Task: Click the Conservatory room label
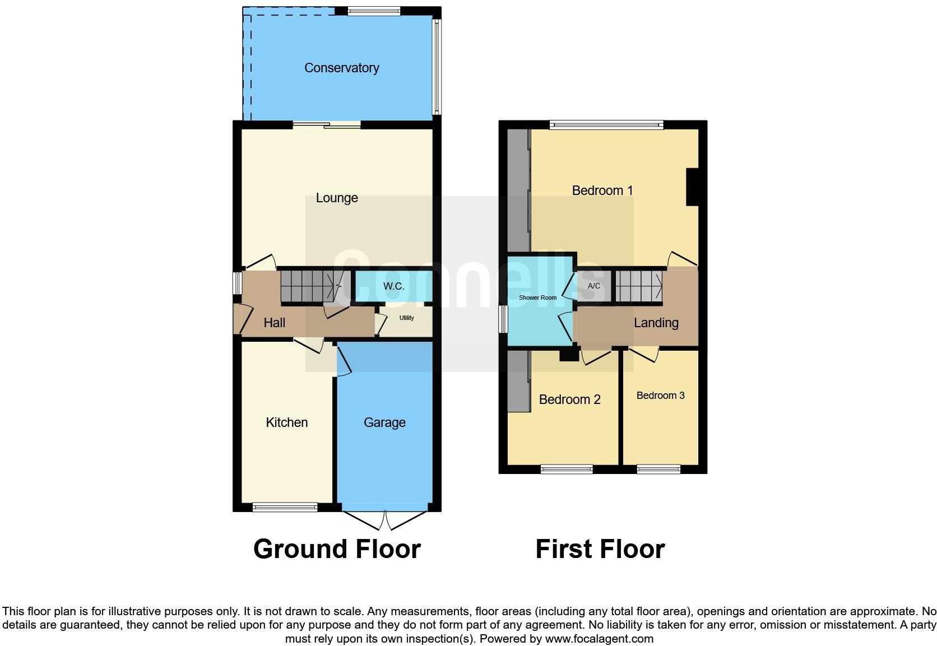pos(341,68)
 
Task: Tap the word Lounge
pos(336,198)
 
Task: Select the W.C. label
pos(393,286)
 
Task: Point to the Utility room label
pos(406,318)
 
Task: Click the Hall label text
pos(274,323)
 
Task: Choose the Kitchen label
pos(286,422)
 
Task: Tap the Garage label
pos(384,422)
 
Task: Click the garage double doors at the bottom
pos(385,520)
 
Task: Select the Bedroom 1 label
pos(602,190)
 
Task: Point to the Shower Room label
pos(537,298)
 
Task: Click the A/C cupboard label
pos(593,286)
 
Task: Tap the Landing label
pos(656,323)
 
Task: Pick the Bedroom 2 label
pos(569,399)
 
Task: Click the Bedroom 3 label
pos(660,396)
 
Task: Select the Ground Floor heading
pos(337,549)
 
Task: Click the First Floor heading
pos(600,549)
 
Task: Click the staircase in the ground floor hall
pos(311,286)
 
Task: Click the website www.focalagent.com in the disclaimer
pos(599,639)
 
